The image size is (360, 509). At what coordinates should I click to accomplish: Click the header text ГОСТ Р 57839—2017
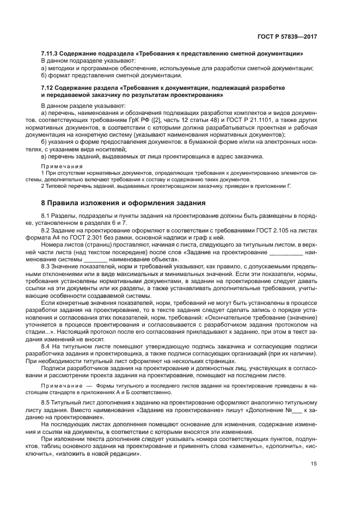(x=288, y=36)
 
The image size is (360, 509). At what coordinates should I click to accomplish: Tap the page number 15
(x=314, y=464)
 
